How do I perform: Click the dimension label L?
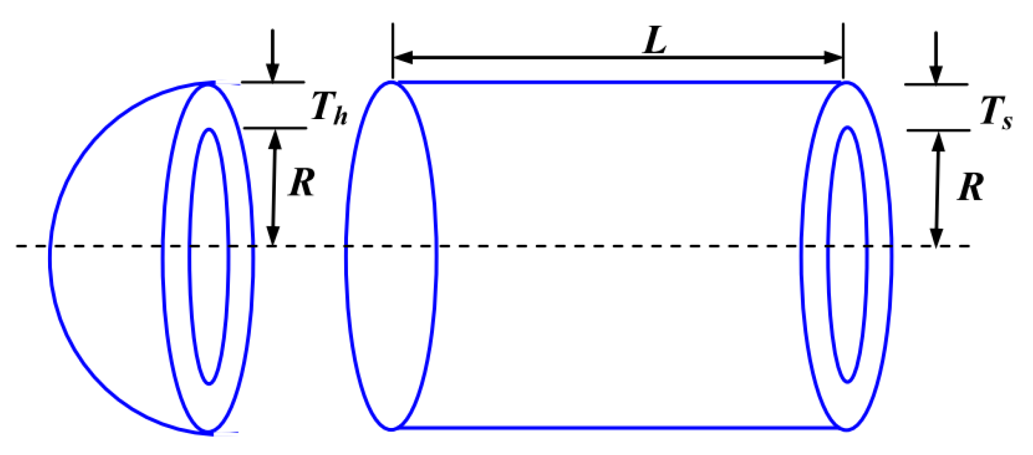tap(654, 41)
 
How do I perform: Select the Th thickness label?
tap(329, 108)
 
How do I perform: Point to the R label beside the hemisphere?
tap(302, 183)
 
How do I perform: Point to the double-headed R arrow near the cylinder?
tap(937, 189)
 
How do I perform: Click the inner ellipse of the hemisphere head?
tap(190, 256)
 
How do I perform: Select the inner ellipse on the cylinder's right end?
tap(829, 256)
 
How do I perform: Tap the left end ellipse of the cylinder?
tap(346, 256)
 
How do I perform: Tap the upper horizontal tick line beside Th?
tap(273, 82)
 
